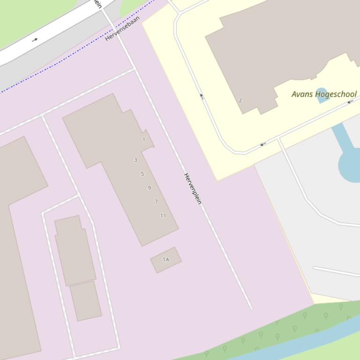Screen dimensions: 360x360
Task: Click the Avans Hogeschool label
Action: coord(324,94)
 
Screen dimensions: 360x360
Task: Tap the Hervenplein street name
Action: coord(192,188)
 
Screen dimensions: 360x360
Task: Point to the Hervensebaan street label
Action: coord(122,29)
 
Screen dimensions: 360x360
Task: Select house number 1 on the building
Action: coord(144,140)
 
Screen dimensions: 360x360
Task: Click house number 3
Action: coord(136,160)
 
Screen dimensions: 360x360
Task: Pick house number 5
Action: coord(142,174)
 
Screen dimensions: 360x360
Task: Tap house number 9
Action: coord(149,188)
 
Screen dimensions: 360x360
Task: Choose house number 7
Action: coord(156,202)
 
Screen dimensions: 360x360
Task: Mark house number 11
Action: coord(163,216)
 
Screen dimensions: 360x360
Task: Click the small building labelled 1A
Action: coord(166,259)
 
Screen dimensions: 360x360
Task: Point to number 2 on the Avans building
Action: coord(240,100)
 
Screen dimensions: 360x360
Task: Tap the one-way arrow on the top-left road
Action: coord(35,40)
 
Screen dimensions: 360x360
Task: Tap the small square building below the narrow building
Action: coord(86,301)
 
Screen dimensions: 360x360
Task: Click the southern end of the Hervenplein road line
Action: coord(251,308)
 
